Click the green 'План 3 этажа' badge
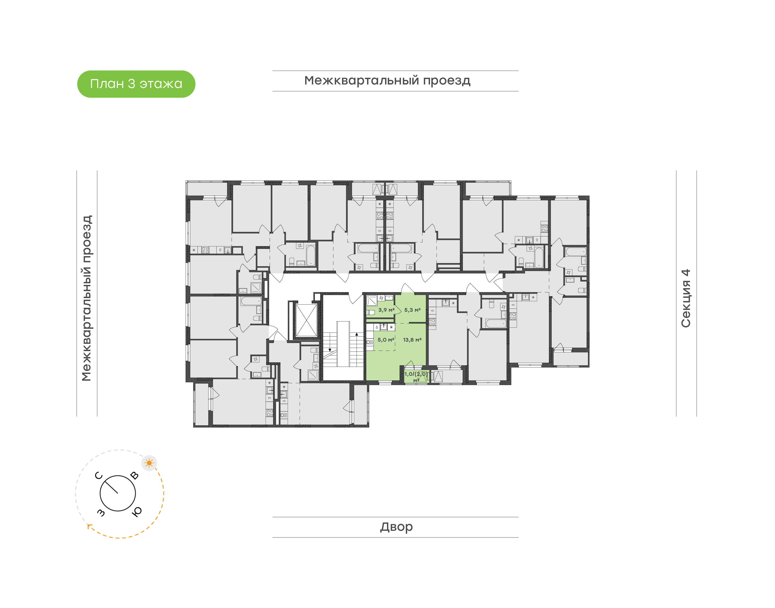[x=136, y=84]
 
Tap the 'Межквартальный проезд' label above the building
[x=387, y=81]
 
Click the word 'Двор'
[x=396, y=526]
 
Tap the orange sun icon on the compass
[x=149, y=463]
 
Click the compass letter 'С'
[x=98, y=476]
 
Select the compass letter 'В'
[x=134, y=475]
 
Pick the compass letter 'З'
[x=101, y=512]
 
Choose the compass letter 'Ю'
[x=137, y=511]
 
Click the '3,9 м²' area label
[x=386, y=310]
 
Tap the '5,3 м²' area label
[x=412, y=310]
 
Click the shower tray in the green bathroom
[x=372, y=301]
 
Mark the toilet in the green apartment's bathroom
[x=371, y=313]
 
